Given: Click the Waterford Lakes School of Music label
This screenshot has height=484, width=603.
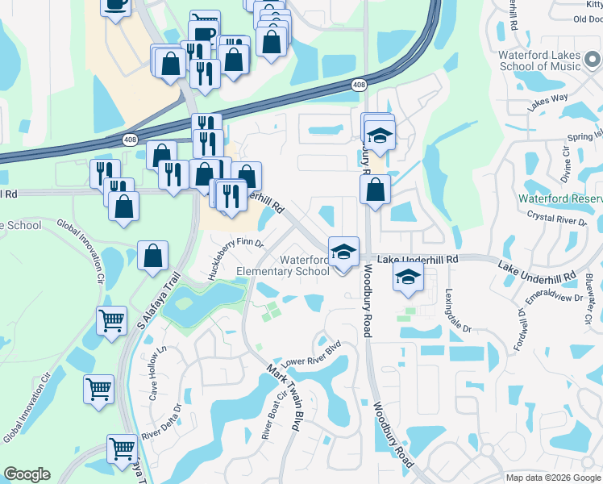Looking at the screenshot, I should click(x=543, y=60).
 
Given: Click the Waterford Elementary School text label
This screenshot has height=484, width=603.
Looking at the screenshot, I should click(x=284, y=266).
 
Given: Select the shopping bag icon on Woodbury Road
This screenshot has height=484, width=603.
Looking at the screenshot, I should click(x=376, y=190).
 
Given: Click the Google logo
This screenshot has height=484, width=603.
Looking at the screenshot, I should click(x=27, y=474).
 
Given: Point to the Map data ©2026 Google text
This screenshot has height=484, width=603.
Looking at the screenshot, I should click(x=552, y=478).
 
